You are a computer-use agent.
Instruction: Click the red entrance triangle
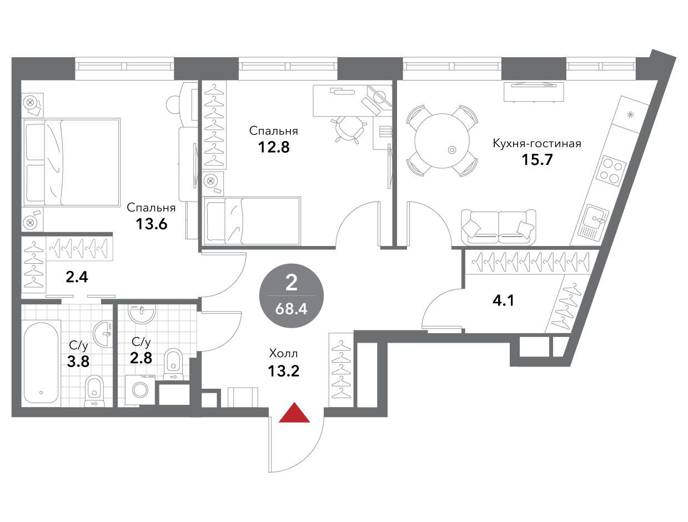coord(294,413)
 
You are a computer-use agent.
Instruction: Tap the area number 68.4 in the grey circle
coord(291,309)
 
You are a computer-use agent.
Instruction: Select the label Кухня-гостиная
coord(537,143)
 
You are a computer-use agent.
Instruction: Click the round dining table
coord(442,141)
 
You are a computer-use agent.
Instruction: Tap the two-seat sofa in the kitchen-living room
coord(499,227)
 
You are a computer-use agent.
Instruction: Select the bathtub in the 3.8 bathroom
coord(41,363)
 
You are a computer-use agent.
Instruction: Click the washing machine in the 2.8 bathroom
coord(140,390)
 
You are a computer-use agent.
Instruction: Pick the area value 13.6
coord(152,224)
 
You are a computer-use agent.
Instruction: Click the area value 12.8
coord(274,147)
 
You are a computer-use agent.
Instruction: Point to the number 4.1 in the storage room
coord(504,301)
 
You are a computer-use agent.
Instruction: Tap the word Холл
coord(283,354)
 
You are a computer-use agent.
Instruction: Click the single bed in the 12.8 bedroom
coord(252,220)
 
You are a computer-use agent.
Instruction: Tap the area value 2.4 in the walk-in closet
coord(77,277)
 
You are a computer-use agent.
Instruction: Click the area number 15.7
coord(537,160)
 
